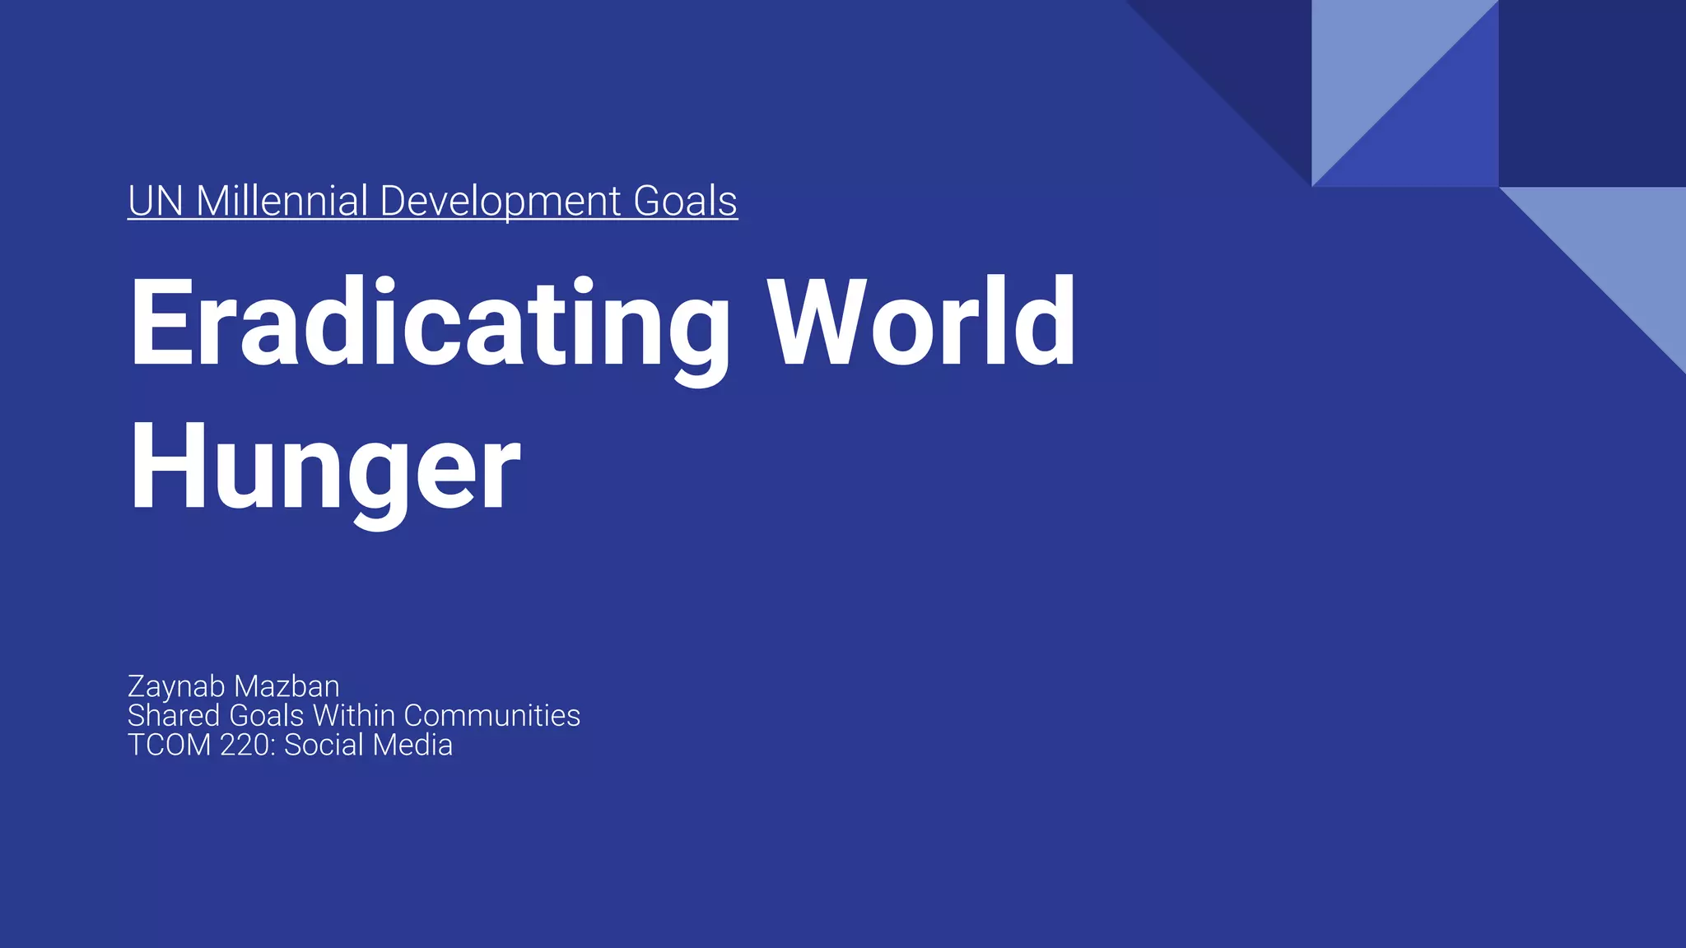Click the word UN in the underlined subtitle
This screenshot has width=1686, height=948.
pyautogui.click(x=155, y=201)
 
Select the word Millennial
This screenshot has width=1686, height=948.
pyautogui.click(x=282, y=201)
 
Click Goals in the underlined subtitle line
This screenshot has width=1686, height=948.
pyautogui.click(x=685, y=201)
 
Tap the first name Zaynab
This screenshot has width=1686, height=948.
pyautogui.click(x=176, y=686)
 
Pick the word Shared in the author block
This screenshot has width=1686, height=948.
pyautogui.click(x=174, y=715)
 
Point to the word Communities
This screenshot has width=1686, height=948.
pyautogui.click(x=491, y=715)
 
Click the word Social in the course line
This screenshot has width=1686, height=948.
pyautogui.click(x=324, y=745)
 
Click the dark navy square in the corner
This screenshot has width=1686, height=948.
pyautogui.click(x=1592, y=93)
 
